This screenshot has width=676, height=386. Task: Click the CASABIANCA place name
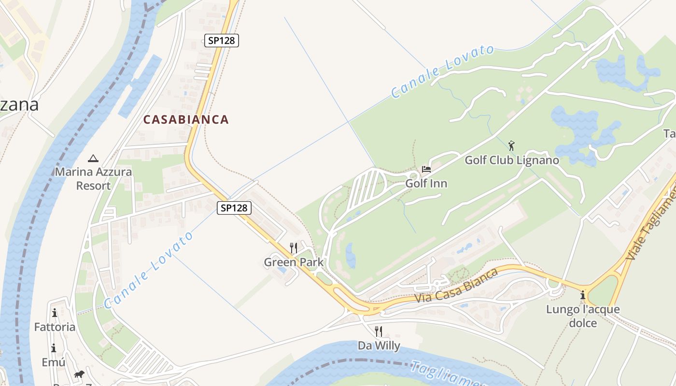coord(186,120)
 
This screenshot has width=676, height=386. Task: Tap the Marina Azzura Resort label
coord(93,179)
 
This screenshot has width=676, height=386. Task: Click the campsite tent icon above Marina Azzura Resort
coord(93,158)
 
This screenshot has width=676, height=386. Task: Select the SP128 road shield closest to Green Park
coord(234,208)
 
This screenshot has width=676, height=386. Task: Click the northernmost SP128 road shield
coord(222,41)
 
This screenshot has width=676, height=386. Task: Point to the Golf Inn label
coord(426,184)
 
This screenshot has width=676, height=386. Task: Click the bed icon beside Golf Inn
coord(426,169)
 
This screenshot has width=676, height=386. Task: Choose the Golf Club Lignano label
coord(512,160)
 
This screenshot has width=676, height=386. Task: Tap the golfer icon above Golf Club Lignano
coord(512,145)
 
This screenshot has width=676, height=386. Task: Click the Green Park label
coord(294,262)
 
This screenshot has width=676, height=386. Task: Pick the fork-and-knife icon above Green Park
coord(294,248)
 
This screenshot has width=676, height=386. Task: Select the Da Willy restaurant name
coord(379,345)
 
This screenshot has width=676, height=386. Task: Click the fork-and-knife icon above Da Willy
coord(379,331)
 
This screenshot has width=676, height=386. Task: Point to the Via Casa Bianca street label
coord(456,286)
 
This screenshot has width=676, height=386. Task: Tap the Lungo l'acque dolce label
coord(583,316)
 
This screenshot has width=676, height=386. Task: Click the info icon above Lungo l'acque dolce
coord(583,295)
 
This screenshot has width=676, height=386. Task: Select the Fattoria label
coord(55,327)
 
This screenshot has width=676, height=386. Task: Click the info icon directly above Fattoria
coord(55,313)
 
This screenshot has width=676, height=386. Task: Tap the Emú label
coord(53,362)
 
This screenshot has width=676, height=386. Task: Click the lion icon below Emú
coord(79,375)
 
